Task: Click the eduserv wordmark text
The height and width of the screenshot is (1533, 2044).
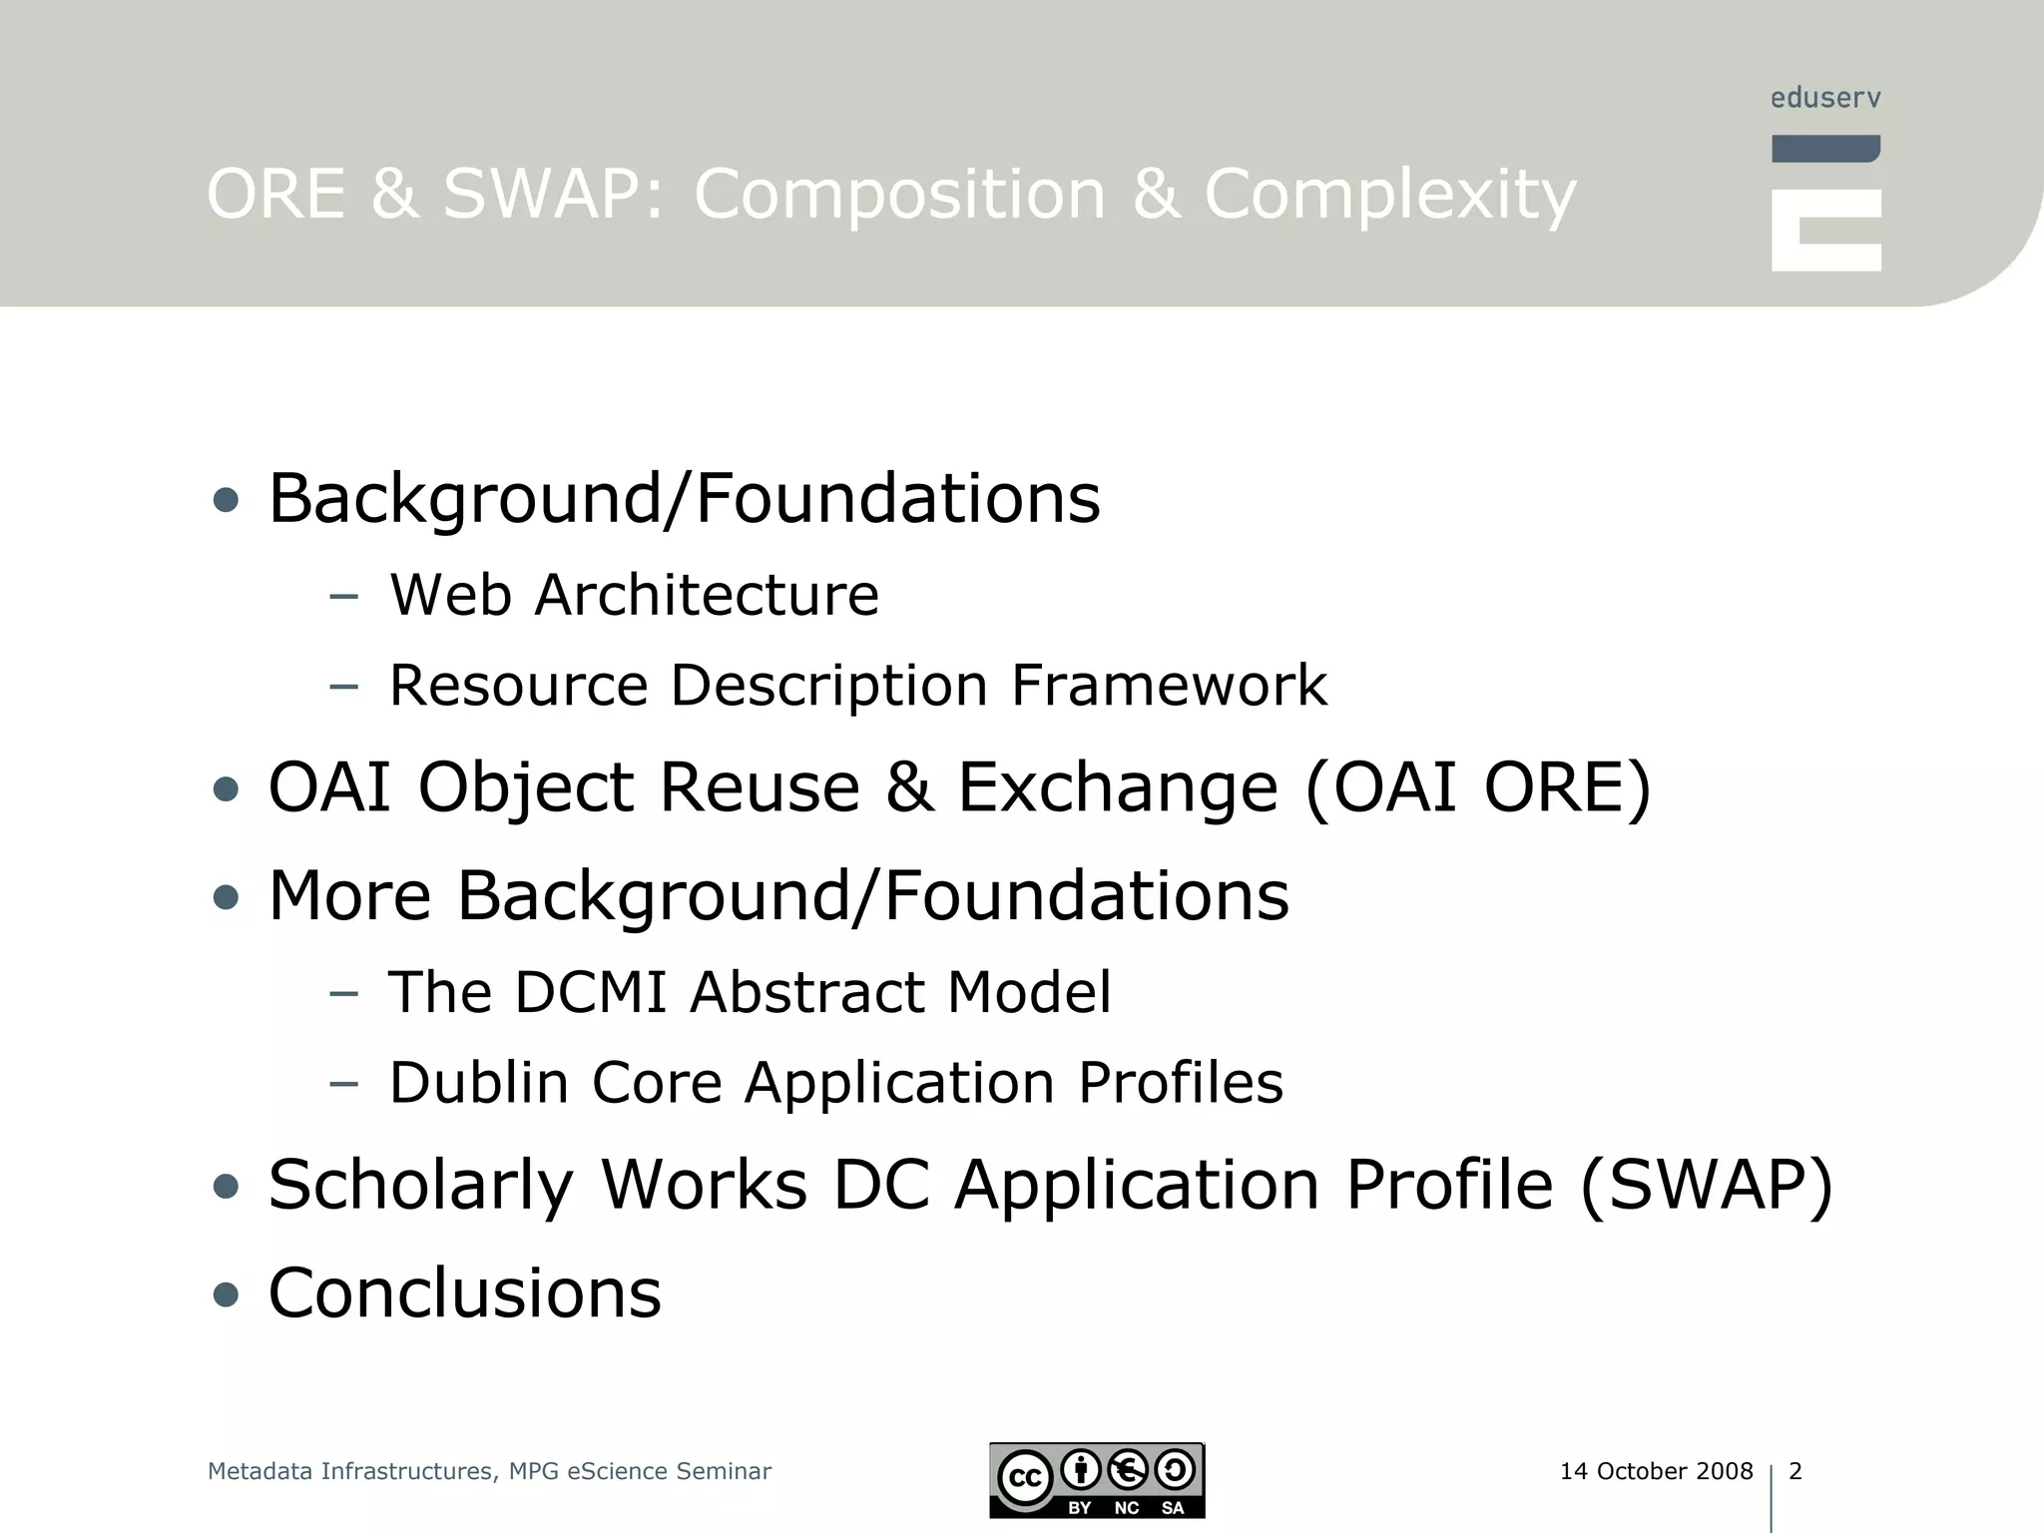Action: tap(1825, 98)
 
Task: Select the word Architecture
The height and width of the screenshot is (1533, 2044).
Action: tap(707, 595)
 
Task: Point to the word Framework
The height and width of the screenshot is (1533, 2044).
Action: tap(1169, 686)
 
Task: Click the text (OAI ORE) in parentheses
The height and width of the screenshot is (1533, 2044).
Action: tap(1478, 787)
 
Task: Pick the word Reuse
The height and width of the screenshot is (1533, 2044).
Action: tap(759, 787)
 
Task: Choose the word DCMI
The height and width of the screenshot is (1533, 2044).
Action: tap(590, 992)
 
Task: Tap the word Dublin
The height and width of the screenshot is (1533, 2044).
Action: tap(478, 1082)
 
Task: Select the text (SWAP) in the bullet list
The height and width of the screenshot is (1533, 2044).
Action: tap(1707, 1186)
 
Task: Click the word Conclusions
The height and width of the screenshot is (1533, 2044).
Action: tap(465, 1293)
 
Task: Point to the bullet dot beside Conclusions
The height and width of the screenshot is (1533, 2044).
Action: tap(227, 1295)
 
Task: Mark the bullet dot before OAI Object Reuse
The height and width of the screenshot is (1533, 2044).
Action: tap(227, 789)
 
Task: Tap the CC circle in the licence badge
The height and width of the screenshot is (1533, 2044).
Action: tap(1025, 1477)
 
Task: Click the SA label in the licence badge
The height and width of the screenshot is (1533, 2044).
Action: tap(1173, 1508)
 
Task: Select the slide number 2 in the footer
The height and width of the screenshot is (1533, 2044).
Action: tap(1795, 1471)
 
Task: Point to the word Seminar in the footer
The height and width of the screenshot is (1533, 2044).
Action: tap(724, 1471)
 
